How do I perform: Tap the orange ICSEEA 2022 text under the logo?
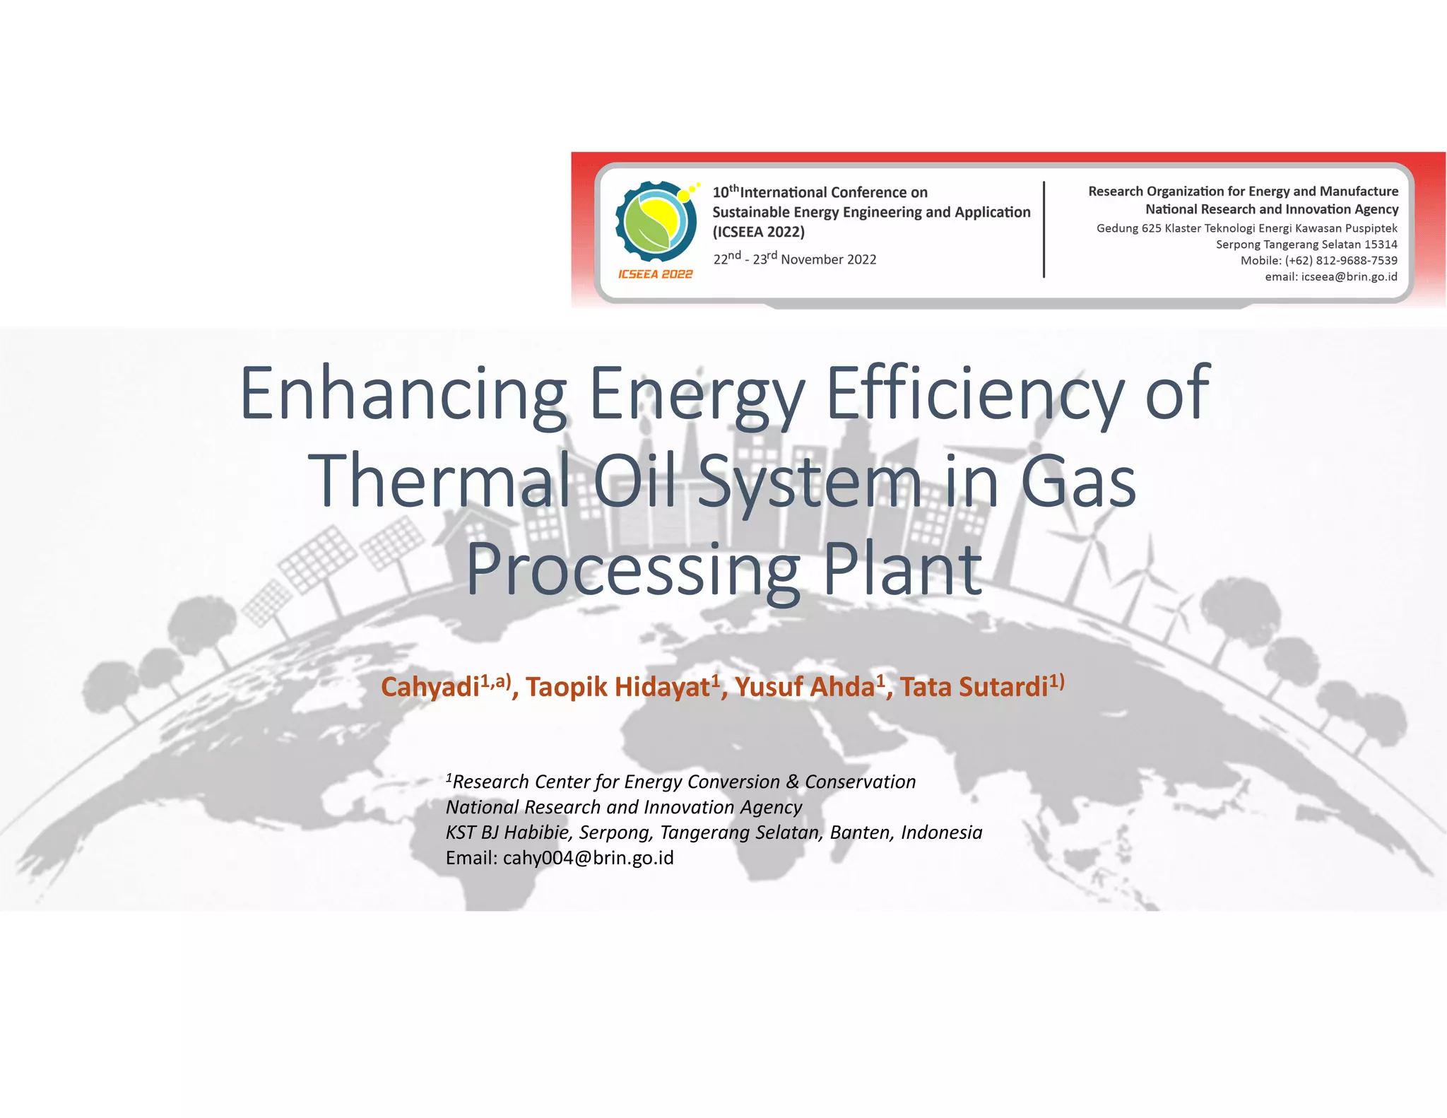655,274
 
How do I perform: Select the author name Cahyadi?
430,687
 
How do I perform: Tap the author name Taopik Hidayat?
617,687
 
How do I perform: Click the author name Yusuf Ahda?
805,687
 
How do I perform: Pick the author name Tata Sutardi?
973,687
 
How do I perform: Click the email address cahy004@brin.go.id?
588,858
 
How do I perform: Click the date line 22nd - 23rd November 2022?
794,259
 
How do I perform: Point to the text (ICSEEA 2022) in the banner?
758,232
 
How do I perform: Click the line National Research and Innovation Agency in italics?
623,807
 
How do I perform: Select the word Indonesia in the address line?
941,832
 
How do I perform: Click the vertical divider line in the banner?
1044,230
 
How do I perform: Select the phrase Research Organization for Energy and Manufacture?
1243,192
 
